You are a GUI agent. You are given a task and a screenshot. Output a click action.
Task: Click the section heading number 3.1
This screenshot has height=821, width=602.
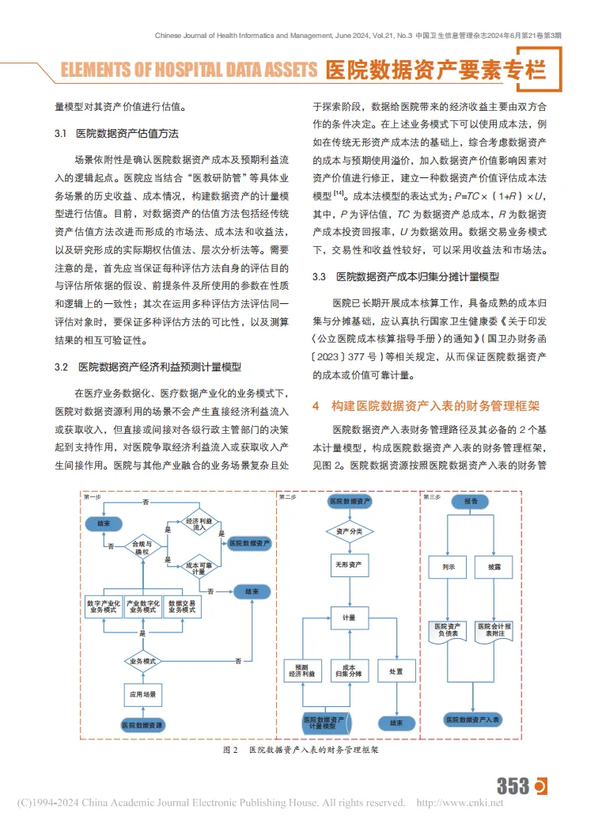(x=60, y=133)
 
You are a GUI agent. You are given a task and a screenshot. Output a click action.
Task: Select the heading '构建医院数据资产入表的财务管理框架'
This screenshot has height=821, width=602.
(x=435, y=406)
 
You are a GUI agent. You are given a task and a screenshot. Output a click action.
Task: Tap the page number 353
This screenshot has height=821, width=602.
(x=513, y=785)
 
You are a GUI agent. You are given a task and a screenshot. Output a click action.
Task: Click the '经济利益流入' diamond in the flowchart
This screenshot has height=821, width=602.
(x=199, y=524)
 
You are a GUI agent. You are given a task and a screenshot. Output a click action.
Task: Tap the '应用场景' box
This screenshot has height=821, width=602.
(x=142, y=694)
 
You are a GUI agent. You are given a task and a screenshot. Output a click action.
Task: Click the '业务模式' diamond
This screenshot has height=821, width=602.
(x=142, y=661)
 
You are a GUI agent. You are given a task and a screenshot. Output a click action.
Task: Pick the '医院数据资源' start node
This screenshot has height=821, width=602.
(x=142, y=724)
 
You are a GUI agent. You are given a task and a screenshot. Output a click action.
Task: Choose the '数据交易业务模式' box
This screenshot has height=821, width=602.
(x=182, y=607)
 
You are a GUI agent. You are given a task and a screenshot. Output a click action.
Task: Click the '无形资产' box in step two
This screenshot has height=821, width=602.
(x=349, y=564)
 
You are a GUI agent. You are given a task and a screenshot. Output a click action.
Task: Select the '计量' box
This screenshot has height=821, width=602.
(x=349, y=618)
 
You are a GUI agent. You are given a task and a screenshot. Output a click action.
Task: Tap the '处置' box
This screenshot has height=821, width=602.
(x=396, y=671)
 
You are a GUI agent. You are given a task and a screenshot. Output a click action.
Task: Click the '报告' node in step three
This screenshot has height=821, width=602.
(x=471, y=502)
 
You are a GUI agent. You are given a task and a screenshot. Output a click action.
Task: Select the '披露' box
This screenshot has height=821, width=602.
(x=494, y=568)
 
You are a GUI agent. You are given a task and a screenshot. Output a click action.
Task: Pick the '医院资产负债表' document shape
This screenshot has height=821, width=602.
(x=448, y=631)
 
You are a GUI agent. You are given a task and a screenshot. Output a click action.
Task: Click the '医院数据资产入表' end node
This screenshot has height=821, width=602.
(x=471, y=720)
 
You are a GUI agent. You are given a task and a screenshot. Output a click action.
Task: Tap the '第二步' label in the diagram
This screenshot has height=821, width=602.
(x=288, y=496)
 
